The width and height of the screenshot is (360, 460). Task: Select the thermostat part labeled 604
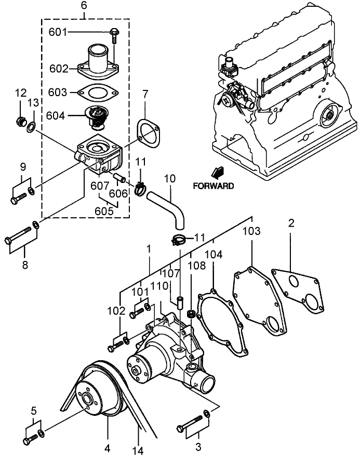pos(97,117)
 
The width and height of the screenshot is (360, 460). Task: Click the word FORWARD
pos(213,186)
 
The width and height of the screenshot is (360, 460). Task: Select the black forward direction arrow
pos(217,172)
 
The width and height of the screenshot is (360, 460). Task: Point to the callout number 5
pos(34,411)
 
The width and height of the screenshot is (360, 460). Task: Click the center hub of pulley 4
pos(85,401)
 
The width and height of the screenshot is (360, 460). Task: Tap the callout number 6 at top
pos(84,6)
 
